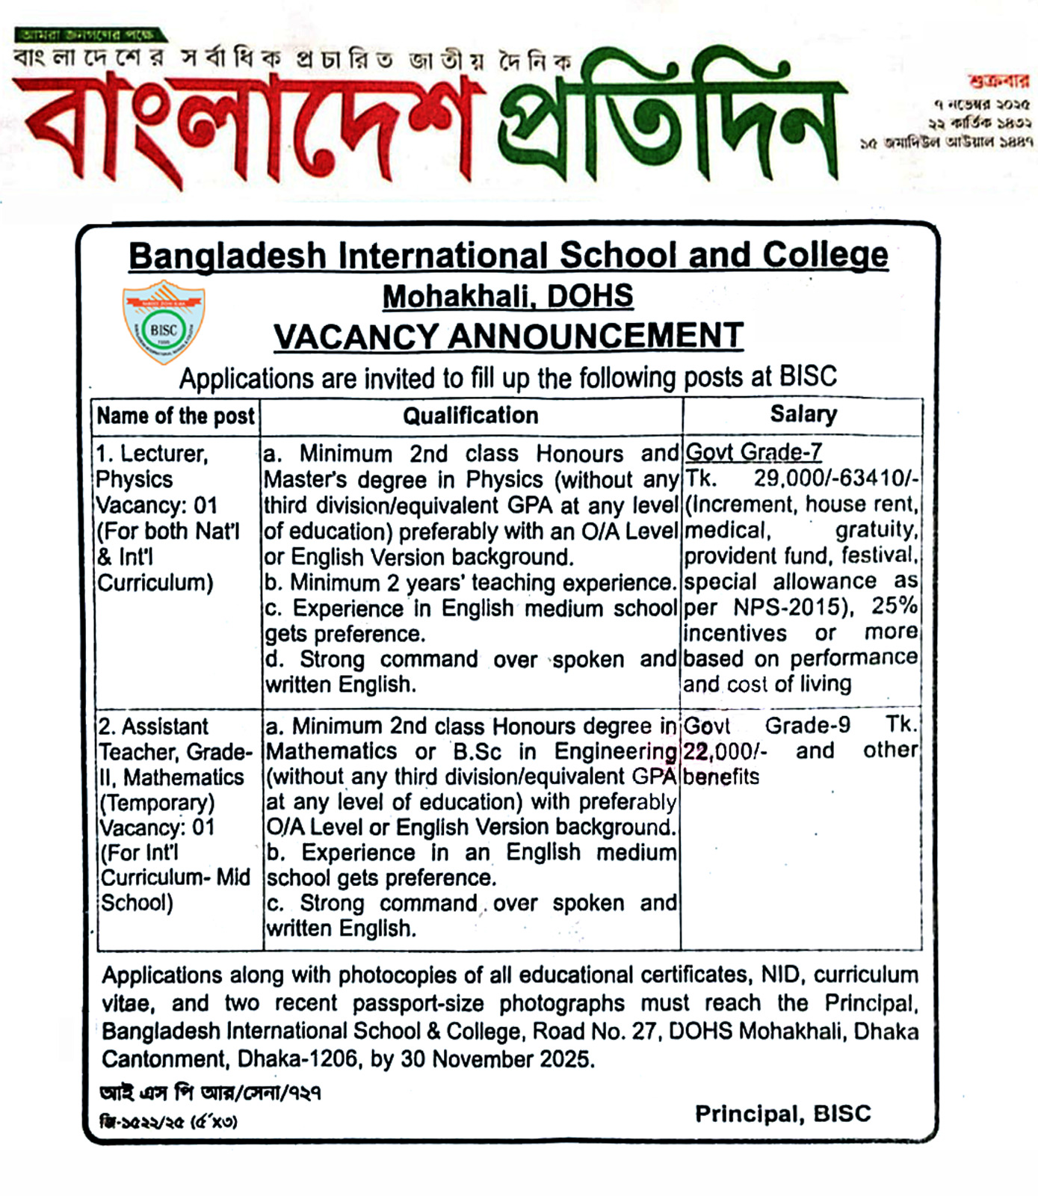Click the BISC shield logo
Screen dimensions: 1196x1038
coord(164,322)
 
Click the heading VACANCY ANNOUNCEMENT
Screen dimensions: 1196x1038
coord(508,336)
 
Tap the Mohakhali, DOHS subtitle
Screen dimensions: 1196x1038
coord(508,297)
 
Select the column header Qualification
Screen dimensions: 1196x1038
coord(471,416)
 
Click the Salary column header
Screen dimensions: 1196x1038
coord(803,414)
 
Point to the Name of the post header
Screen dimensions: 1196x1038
coord(176,416)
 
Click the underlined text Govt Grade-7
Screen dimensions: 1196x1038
coord(753,452)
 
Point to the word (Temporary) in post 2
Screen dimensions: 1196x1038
coord(157,803)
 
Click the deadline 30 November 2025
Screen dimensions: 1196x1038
coord(497,1059)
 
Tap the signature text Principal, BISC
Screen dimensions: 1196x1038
coord(782,1114)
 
